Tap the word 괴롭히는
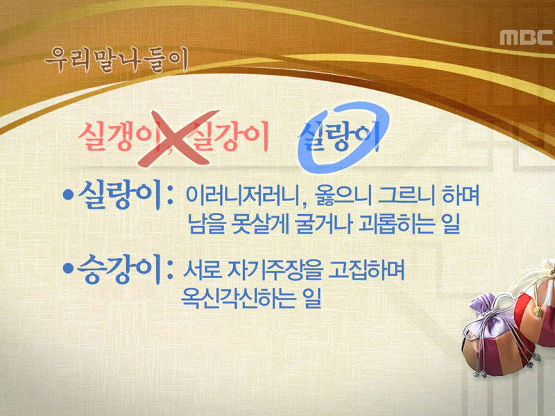coord(388,225)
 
